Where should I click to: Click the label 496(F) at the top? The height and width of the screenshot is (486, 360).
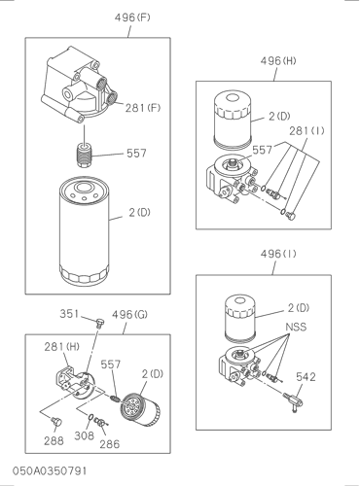tap(132, 17)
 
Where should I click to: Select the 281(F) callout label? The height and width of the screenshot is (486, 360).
tap(143, 108)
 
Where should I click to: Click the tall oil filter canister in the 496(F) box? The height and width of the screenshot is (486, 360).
tap(84, 231)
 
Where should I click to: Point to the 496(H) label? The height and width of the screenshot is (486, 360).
tap(278, 60)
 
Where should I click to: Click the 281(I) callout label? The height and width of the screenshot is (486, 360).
tap(306, 130)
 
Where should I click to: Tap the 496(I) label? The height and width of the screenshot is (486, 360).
tap(278, 254)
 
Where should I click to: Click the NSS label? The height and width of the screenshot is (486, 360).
tap(296, 327)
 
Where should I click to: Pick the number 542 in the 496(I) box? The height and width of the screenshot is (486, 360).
tap(306, 377)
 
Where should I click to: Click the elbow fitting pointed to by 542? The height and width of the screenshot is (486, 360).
tap(293, 401)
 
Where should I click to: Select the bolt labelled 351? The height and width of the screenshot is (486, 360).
tap(100, 323)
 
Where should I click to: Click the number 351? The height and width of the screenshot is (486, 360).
tap(69, 314)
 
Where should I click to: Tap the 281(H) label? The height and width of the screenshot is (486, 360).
tap(61, 347)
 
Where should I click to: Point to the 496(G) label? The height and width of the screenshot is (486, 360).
tap(129, 314)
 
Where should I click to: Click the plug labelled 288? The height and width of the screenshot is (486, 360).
tap(56, 422)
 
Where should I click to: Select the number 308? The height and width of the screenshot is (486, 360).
tap(84, 435)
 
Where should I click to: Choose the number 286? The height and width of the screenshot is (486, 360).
tap(110, 444)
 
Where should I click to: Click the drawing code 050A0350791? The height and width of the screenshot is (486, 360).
tap(50, 470)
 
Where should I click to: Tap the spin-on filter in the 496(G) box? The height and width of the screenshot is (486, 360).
tap(140, 409)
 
